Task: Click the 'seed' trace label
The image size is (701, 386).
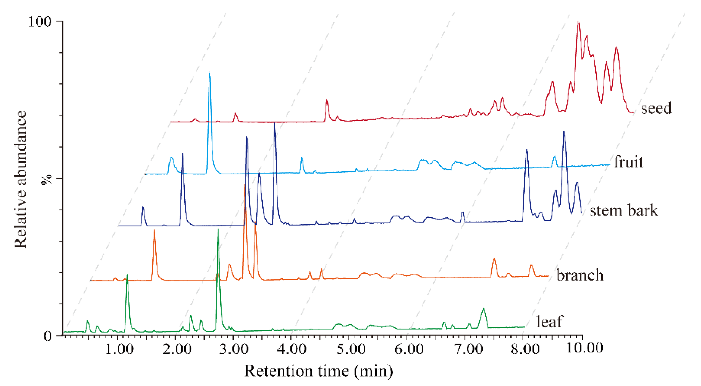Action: pyautogui.click(x=656, y=108)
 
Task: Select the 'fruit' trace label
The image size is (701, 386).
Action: pyautogui.click(x=629, y=162)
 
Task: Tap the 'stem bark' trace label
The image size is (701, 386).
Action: pyautogui.click(x=623, y=210)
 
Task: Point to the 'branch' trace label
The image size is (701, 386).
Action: pyautogui.click(x=580, y=275)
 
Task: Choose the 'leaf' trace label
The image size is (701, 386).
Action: pyautogui.click(x=549, y=321)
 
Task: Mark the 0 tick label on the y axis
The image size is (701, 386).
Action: pyautogui.click(x=47, y=336)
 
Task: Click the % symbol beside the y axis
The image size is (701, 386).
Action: pyautogui.click(x=46, y=180)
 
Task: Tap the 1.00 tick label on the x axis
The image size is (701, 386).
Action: pyautogui.click(x=119, y=349)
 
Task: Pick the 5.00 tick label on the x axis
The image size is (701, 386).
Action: pyautogui.click(x=351, y=349)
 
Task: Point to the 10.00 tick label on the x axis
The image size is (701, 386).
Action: pyautogui.click(x=585, y=348)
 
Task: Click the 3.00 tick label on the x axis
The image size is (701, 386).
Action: pyautogui.click(x=234, y=349)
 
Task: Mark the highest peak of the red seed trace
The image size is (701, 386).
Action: pyautogui.click(x=578, y=22)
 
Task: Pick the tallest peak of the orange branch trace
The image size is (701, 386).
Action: pyautogui.click(x=245, y=185)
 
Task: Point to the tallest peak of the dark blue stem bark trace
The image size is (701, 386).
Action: pyautogui.click(x=275, y=123)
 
